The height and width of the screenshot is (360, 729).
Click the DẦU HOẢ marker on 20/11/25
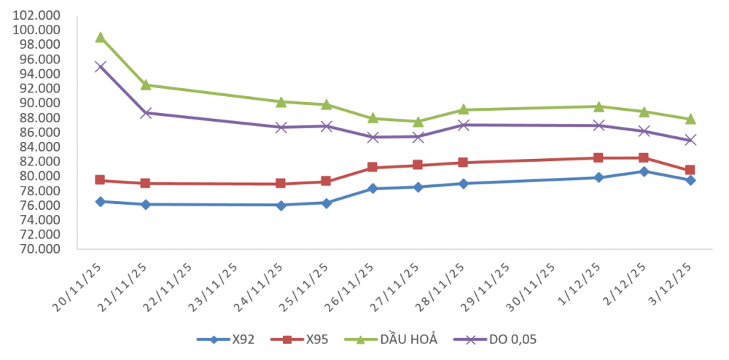click(100, 37)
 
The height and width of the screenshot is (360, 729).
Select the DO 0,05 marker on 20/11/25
click(100, 66)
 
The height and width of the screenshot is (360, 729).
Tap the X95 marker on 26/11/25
click(373, 167)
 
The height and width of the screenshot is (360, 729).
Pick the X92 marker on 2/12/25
click(644, 171)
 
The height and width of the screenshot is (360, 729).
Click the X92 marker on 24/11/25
click(281, 205)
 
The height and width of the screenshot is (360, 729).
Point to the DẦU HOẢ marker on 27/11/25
click(418, 122)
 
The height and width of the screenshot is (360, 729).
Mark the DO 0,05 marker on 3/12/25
click(690, 140)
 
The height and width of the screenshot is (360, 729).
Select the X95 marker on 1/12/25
click(599, 157)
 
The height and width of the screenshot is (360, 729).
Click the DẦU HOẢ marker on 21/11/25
click(146, 85)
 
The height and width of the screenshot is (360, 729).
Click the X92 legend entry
click(225, 339)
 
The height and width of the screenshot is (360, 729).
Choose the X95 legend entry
click(300, 339)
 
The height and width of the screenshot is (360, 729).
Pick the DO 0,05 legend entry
click(496, 339)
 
